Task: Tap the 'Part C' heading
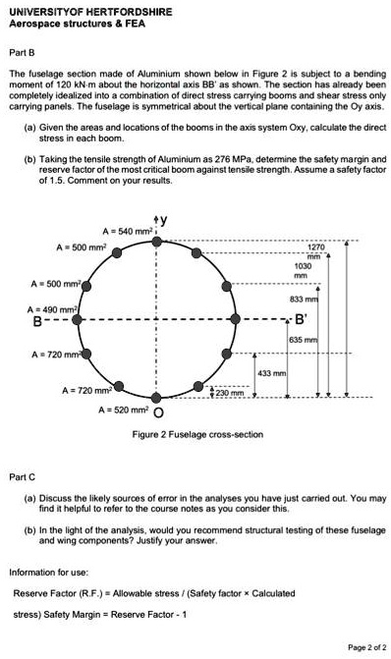click(x=23, y=476)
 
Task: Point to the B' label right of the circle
click(x=301, y=318)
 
